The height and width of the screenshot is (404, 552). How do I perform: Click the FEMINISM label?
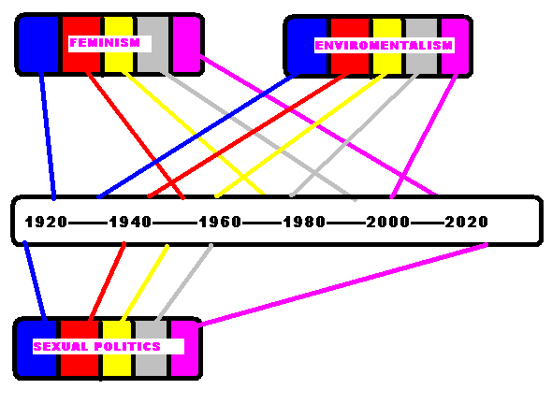[105, 43]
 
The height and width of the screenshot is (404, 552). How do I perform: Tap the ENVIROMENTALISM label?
[384, 46]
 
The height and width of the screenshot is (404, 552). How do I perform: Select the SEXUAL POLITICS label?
[96, 347]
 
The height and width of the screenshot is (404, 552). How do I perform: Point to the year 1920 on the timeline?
[46, 222]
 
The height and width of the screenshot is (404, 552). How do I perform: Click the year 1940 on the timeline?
[130, 222]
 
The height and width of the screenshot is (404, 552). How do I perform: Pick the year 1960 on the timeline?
[220, 222]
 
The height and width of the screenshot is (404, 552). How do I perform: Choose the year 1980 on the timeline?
[304, 222]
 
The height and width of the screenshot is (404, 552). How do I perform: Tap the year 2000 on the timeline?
[388, 222]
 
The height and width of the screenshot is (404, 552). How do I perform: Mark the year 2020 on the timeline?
[467, 222]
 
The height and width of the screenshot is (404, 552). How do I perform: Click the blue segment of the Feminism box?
[38, 44]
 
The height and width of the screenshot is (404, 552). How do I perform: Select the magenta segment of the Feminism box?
[186, 44]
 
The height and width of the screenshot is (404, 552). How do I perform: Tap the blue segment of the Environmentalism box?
[307, 46]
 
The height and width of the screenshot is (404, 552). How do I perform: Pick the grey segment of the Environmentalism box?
[421, 46]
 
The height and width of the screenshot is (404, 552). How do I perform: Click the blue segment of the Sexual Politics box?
[36, 348]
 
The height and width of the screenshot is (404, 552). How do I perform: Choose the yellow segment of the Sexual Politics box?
[117, 348]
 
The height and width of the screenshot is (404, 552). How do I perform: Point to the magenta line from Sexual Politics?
[343, 284]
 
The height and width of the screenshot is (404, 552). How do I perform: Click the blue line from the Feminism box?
[48, 136]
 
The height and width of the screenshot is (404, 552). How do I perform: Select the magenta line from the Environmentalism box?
[424, 136]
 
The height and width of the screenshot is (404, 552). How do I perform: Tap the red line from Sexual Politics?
[107, 281]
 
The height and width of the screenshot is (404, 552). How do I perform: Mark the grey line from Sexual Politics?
[183, 282]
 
